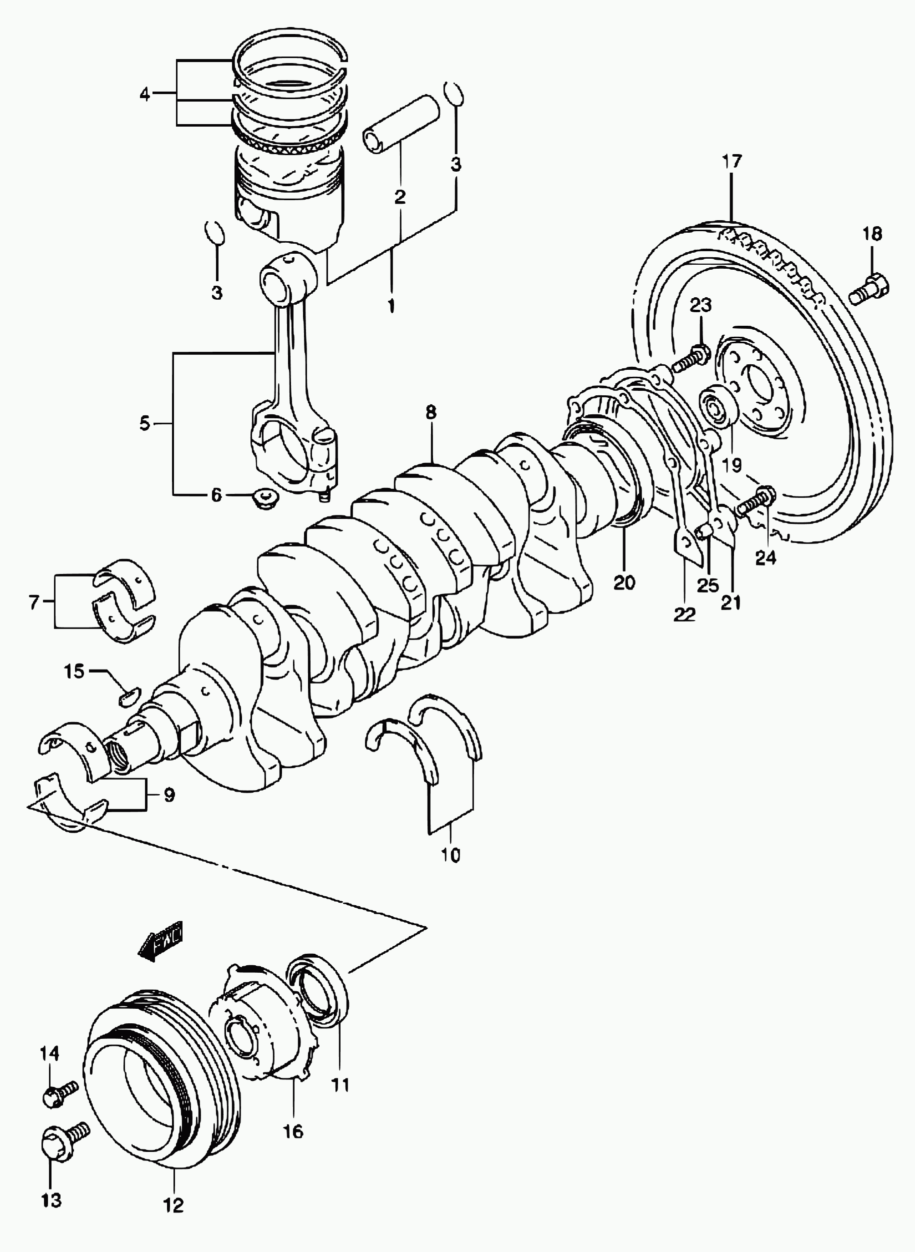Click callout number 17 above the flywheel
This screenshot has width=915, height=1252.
coord(731,162)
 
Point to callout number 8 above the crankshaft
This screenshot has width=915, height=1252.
coord(431,412)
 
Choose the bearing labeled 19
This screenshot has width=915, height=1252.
coord(718,407)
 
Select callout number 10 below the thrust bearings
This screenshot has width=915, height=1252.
coord(451,856)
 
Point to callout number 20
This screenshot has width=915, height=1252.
coord(624,582)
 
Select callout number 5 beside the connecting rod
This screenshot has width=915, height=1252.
coord(144,424)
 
